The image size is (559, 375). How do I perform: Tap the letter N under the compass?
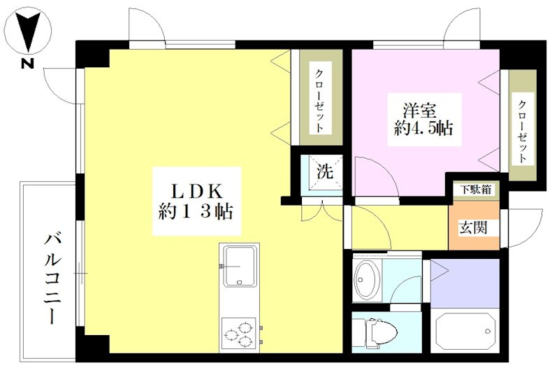pyautogui.click(x=27, y=65)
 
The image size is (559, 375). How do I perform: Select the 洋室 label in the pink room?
pyautogui.click(x=420, y=111)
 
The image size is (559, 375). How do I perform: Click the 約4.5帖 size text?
pyautogui.click(x=421, y=129)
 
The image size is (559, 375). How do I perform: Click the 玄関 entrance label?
pyautogui.click(x=474, y=227)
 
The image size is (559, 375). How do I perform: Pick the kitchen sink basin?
pyautogui.click(x=239, y=267)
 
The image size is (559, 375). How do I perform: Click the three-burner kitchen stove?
pyautogui.click(x=239, y=333)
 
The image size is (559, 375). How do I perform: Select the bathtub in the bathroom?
pyautogui.click(x=465, y=334)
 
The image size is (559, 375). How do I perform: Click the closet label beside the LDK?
pyautogui.click(x=319, y=101)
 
